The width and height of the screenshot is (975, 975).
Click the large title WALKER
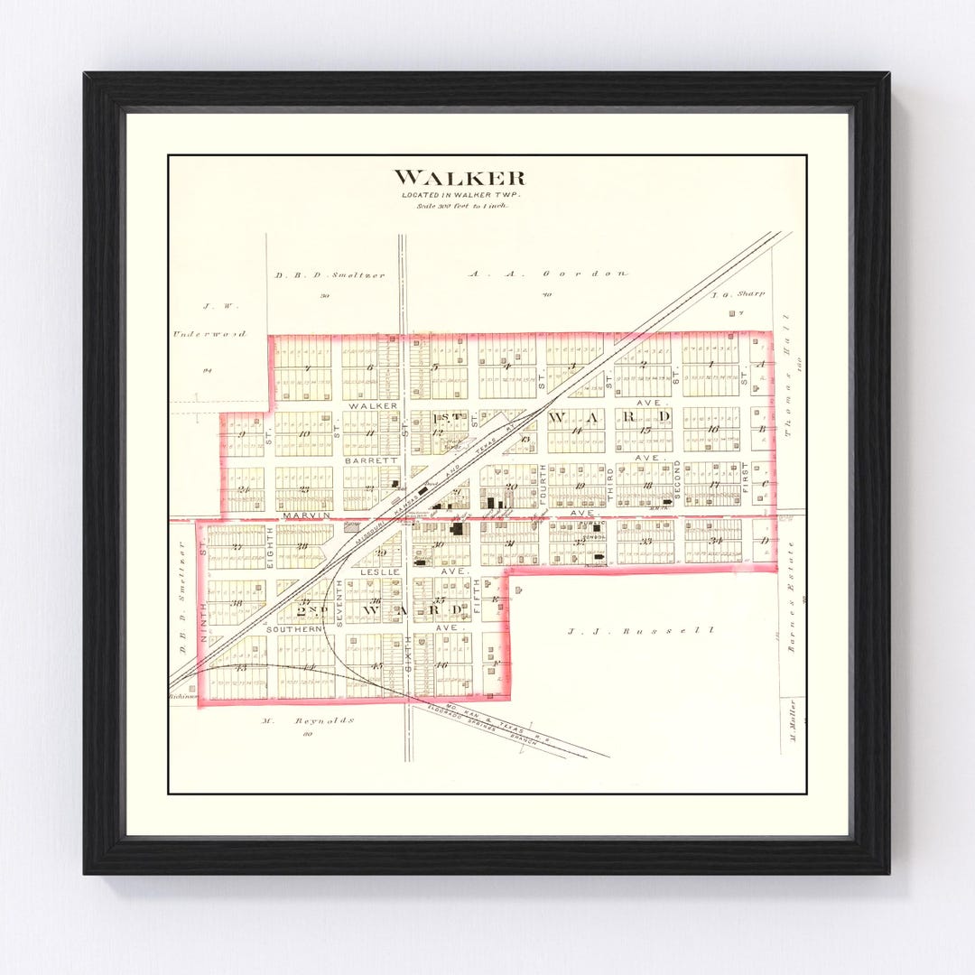459,178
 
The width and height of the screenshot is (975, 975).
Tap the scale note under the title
461,206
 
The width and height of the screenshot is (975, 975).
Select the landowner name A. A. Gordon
548,273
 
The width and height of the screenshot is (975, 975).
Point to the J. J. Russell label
641,630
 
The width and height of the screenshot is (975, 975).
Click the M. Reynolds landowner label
307,720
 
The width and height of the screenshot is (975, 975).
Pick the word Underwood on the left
209,334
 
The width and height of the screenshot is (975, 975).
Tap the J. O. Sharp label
738,293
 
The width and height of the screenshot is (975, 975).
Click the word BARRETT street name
371,460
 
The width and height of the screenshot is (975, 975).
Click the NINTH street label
204,624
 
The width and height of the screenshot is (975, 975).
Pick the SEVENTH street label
339,601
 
